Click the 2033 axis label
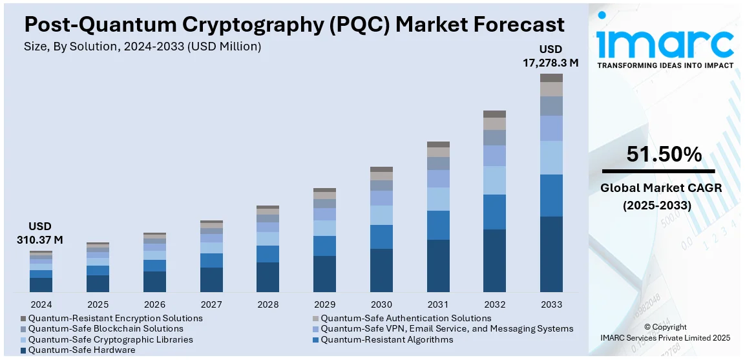click(x=551, y=304)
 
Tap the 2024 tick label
click(x=41, y=304)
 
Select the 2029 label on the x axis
click(x=324, y=304)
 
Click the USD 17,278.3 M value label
click(x=551, y=56)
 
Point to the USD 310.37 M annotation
click(x=40, y=233)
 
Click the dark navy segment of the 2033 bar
click(x=551, y=254)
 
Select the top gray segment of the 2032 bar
click(x=494, y=114)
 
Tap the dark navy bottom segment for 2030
click(x=381, y=270)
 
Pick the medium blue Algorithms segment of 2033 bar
click(x=551, y=195)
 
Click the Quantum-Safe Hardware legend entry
click(x=81, y=350)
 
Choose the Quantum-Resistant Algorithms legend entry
click(x=386, y=339)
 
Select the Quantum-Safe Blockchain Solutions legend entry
click(x=105, y=329)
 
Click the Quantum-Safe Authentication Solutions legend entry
click(x=406, y=318)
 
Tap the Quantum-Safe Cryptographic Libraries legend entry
click(x=110, y=339)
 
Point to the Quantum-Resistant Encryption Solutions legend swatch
click(x=24, y=319)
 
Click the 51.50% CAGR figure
click(x=664, y=154)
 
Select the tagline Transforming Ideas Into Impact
click(x=665, y=65)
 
